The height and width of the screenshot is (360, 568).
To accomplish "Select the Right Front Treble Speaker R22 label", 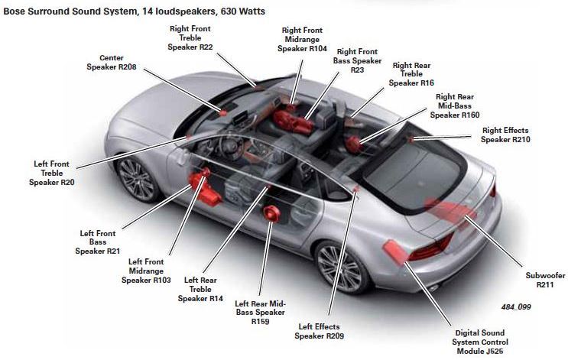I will pyautogui.click(x=191, y=37).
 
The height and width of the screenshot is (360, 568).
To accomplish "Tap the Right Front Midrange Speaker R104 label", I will pyautogui.click(x=302, y=37).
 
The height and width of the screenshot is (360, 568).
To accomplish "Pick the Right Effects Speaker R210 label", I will pyautogui.click(x=505, y=135).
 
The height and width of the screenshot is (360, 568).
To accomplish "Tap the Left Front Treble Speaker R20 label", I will pyautogui.click(x=52, y=173).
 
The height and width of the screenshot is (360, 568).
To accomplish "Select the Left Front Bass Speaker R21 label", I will pyautogui.click(x=97, y=242).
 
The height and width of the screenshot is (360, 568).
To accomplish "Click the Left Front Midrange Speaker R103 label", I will pyautogui.click(x=147, y=271).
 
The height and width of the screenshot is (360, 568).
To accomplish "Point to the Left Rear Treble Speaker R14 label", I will pyautogui.click(x=200, y=289).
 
